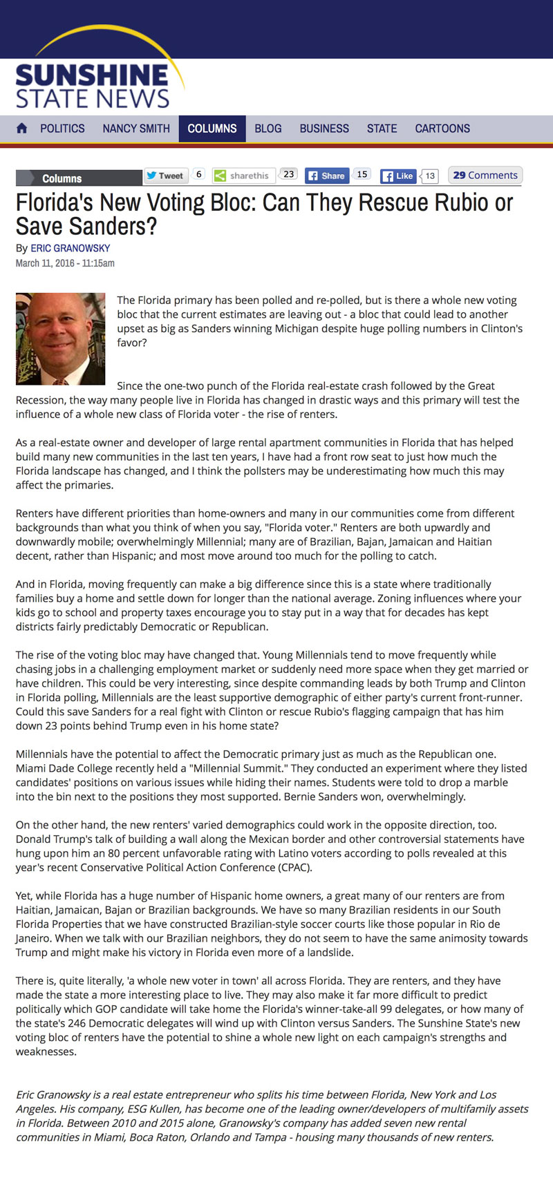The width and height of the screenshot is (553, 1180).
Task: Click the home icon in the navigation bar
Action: click(x=21, y=129)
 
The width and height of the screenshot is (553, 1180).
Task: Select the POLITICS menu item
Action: click(x=62, y=129)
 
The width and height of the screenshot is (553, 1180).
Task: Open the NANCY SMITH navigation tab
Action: click(x=136, y=129)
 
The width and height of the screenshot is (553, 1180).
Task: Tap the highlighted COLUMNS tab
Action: click(x=212, y=129)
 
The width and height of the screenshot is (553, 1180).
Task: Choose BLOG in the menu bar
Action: click(x=268, y=129)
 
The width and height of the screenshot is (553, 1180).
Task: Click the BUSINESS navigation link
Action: click(x=324, y=129)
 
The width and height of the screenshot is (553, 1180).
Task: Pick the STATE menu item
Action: click(x=382, y=129)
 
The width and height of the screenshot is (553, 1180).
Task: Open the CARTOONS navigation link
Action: click(x=442, y=129)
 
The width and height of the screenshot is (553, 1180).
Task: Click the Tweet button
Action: click(x=165, y=175)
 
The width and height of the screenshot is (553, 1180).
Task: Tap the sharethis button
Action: click(x=243, y=175)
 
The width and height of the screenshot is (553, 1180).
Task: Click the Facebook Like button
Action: click(x=398, y=175)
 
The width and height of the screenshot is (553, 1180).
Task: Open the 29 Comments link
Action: click(x=485, y=175)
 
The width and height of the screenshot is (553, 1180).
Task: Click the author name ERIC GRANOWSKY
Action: click(x=71, y=248)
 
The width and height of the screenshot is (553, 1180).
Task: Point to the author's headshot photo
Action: click(x=61, y=339)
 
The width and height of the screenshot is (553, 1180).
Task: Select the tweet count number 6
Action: click(x=199, y=174)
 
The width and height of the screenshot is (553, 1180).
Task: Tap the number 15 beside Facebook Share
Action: click(x=362, y=174)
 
